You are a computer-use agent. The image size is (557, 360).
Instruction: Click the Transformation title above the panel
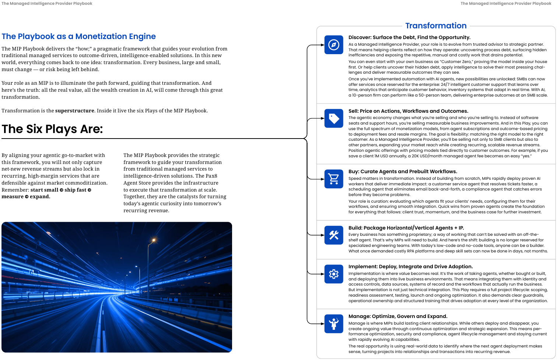click(x=436, y=26)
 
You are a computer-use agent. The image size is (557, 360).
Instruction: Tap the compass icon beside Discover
click(x=334, y=45)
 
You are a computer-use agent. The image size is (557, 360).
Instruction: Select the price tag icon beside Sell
click(x=334, y=118)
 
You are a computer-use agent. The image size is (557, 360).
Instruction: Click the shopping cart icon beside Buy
click(x=334, y=179)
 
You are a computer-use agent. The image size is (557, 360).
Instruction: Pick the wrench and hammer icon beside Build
click(x=334, y=235)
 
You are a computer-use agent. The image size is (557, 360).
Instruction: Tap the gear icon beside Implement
click(x=334, y=274)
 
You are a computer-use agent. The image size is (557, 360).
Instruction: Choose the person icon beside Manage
click(x=334, y=324)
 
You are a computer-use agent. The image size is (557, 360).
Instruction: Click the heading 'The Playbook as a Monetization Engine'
click(x=78, y=36)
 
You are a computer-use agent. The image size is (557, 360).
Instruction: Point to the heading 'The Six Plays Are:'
click(x=52, y=129)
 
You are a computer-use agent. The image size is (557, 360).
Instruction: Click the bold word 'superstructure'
click(x=75, y=111)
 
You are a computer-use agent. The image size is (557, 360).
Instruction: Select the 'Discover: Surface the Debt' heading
click(x=409, y=37)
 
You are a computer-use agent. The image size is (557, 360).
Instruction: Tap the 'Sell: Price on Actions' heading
click(x=408, y=111)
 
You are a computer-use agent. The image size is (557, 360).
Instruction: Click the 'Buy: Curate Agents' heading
click(x=403, y=171)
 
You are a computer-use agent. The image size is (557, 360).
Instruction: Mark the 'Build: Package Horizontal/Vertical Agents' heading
click(x=406, y=228)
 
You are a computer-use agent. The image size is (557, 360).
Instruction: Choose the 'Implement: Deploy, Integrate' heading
click(x=410, y=266)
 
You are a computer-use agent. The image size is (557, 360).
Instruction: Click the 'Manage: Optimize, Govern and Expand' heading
click(x=398, y=316)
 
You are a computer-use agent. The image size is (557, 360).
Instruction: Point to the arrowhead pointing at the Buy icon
click(x=322, y=179)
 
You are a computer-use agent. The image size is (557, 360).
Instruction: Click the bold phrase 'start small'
click(x=44, y=190)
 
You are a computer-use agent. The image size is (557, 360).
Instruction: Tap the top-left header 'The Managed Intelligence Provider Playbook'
click(x=47, y=3)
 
